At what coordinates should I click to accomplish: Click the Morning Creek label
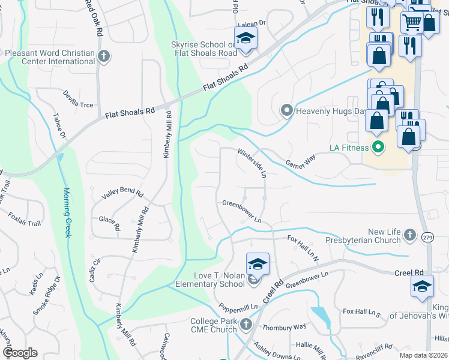pyautogui.click(x=67, y=212)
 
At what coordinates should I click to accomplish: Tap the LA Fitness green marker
pyautogui.click(x=378, y=146)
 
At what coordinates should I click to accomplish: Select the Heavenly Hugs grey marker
pyautogui.click(x=286, y=110)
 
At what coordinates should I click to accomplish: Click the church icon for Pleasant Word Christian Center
pyautogui.click(x=104, y=56)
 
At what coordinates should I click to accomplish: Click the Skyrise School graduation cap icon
pyautogui.click(x=246, y=38)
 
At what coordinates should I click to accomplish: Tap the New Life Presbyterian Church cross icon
pyautogui.click(x=409, y=235)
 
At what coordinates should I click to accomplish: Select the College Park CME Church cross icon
pyautogui.click(x=246, y=325)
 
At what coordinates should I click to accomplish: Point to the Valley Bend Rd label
pyautogui.click(x=122, y=194)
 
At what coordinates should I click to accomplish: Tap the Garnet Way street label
pyautogui.click(x=300, y=161)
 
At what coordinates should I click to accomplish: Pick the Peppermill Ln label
pyautogui.click(x=238, y=307)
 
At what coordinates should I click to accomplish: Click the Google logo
pyautogui.click(x=20, y=352)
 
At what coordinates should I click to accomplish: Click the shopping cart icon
pyautogui.click(x=412, y=23)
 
